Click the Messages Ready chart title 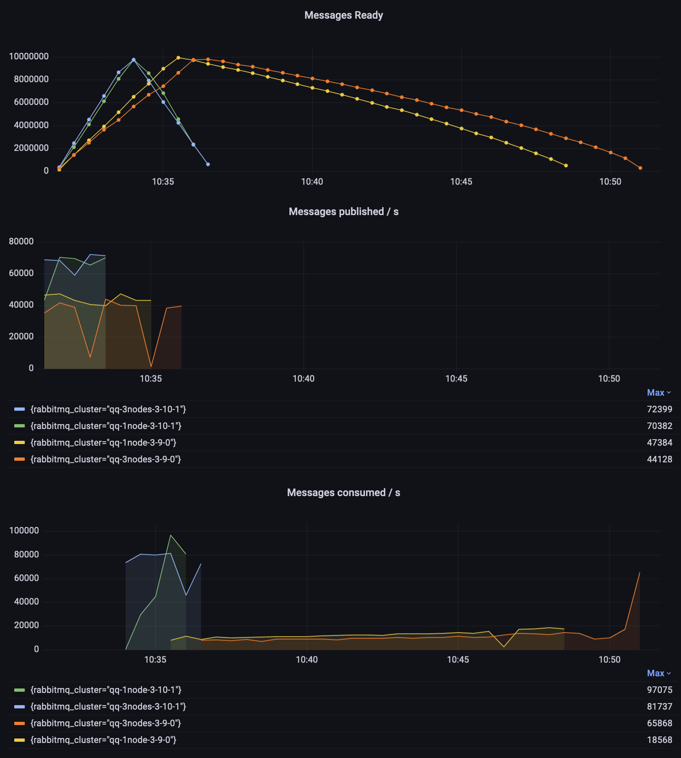pos(343,15)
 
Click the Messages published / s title pos(343,212)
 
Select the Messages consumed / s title pos(343,493)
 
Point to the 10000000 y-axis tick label pos(29,57)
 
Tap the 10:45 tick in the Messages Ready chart pos(461,182)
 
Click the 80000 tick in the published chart pos(21,242)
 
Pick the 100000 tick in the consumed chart pos(24,531)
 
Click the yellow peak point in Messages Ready pos(178,58)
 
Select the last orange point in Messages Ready pos(640,168)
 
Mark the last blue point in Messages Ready pos(208,164)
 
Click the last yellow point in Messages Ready pos(566,166)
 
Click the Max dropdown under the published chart pos(659,393)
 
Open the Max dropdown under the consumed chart pos(659,673)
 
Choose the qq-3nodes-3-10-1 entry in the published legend pos(108,409)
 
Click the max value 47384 pos(659,443)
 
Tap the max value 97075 pos(659,690)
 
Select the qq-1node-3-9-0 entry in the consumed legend pos(103,740)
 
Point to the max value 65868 pos(659,723)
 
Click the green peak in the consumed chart pos(171,535)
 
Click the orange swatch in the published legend pos(20,460)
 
